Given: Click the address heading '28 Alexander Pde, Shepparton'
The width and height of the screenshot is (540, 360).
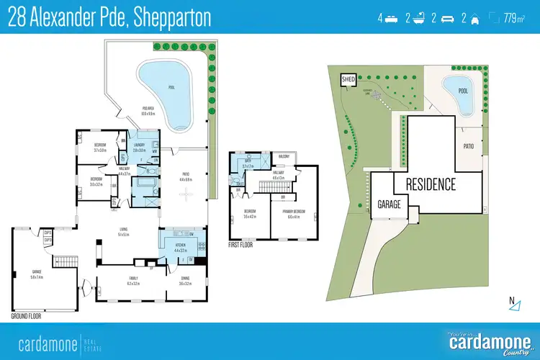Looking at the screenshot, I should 110,18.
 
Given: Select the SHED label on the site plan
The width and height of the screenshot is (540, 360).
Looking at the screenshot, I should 348,79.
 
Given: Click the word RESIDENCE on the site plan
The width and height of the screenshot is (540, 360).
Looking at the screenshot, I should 430,184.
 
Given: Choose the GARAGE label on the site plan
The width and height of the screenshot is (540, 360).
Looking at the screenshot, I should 389,204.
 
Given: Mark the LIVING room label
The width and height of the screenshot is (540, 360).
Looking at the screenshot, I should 123,231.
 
